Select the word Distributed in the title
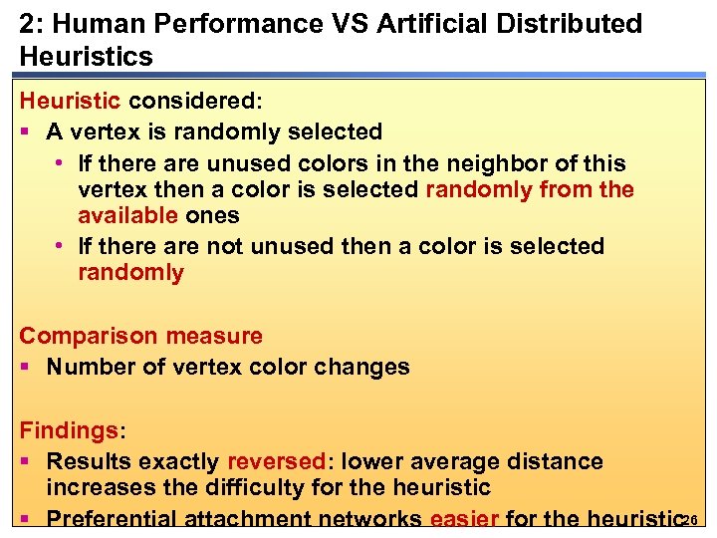pos(563,24)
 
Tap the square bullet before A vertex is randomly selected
pos(27,133)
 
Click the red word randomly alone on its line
pos(130,273)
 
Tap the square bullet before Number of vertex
pos(27,368)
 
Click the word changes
pos(361,367)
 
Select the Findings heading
pos(69,431)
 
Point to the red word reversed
pos(276,461)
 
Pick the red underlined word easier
pos(464,519)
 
